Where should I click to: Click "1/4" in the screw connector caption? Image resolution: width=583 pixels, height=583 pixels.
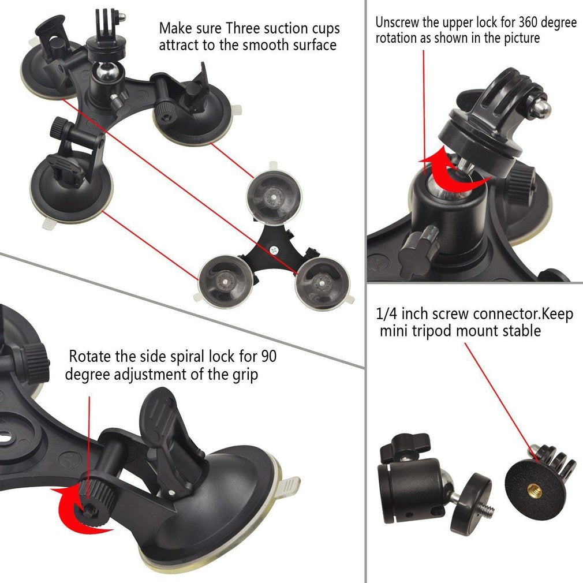tap(386, 314)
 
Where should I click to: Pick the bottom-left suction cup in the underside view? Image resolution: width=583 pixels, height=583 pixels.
tap(225, 278)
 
